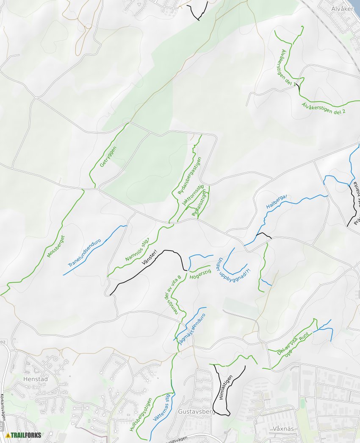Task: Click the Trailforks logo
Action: point(24,435)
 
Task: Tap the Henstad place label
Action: point(36,379)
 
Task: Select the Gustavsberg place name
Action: point(197,412)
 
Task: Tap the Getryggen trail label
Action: point(108,156)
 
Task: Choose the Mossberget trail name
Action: point(55,246)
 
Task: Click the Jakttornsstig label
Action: point(193,195)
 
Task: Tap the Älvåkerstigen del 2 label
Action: point(324,109)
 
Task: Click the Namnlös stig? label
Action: point(137,250)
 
